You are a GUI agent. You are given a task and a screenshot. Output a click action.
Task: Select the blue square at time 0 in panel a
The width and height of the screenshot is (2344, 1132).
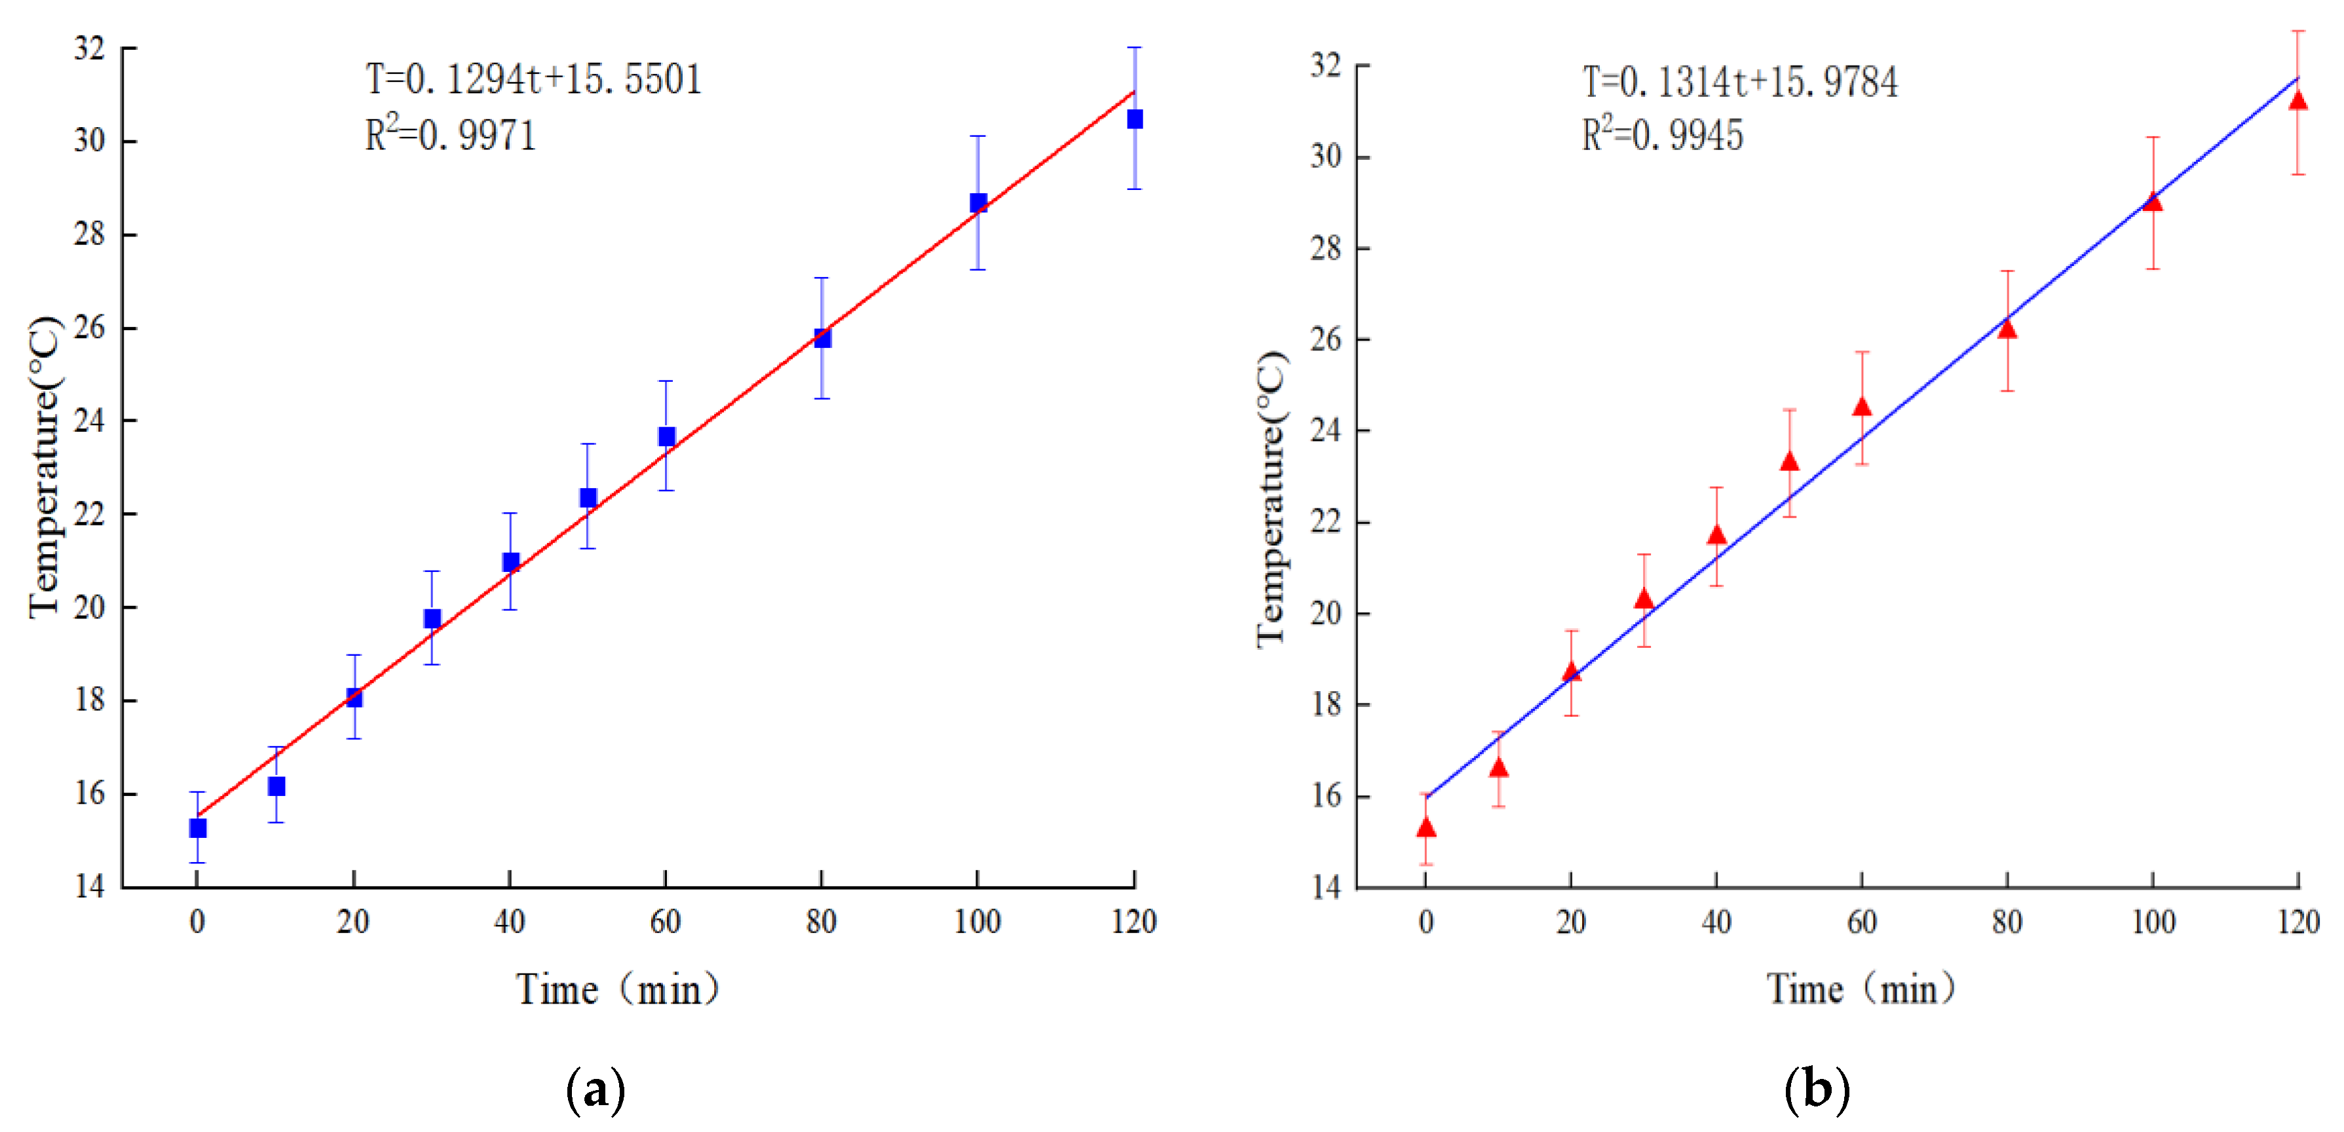click(197, 828)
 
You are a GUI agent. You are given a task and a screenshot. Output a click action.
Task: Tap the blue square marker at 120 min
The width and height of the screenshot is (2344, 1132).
click(1135, 119)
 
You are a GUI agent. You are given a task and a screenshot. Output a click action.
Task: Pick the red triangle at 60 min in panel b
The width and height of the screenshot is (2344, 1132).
click(1862, 407)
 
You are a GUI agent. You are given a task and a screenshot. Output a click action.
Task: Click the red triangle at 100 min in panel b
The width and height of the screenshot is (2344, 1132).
click(2152, 202)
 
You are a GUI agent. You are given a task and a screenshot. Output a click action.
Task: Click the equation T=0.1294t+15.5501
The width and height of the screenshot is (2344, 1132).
click(534, 79)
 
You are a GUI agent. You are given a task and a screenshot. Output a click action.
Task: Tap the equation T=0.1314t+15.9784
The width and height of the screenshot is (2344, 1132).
click(1740, 82)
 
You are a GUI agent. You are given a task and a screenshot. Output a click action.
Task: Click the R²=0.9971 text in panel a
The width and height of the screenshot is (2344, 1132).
click(451, 135)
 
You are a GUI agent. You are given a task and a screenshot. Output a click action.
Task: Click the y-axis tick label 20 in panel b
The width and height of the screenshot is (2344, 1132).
click(1326, 613)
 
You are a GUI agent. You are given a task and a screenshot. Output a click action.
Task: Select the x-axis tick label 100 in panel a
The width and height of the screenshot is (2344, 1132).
click(977, 922)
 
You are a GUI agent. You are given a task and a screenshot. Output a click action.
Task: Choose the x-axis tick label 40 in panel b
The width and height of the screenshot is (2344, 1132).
click(1716, 922)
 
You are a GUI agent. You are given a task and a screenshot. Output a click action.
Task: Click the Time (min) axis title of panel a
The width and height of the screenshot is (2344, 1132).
click(618, 989)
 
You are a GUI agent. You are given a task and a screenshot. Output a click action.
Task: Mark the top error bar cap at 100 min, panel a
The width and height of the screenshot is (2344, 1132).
click(977, 136)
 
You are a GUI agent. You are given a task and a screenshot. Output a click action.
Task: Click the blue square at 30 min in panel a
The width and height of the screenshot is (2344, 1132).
click(432, 619)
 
